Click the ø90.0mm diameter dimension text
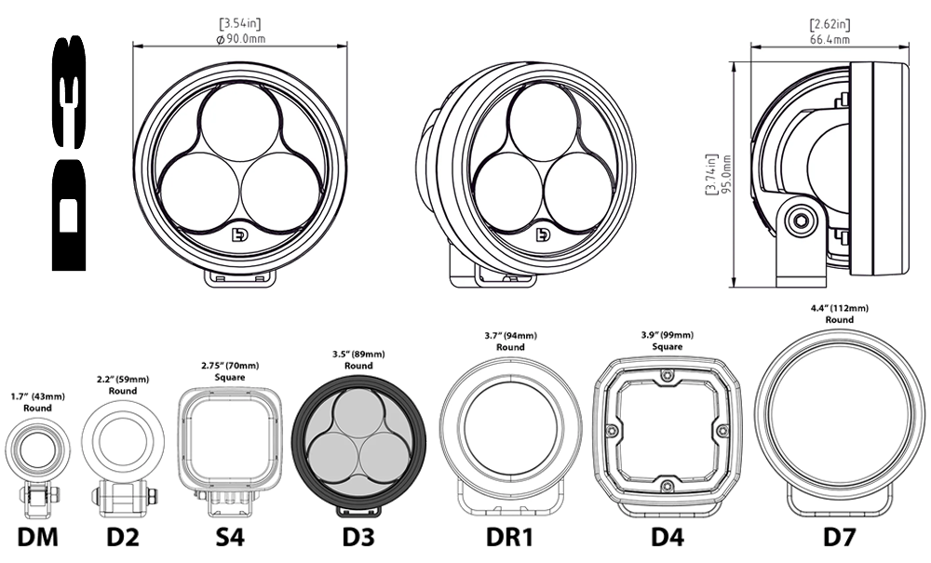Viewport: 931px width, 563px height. point(240,39)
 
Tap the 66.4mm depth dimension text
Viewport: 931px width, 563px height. point(830,40)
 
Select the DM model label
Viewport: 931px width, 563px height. point(38,536)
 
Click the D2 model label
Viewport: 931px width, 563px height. point(123,536)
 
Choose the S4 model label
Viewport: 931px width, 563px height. point(230,536)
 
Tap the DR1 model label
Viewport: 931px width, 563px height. point(509,536)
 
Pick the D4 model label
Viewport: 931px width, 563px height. point(668,536)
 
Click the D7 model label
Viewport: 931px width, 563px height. point(840,536)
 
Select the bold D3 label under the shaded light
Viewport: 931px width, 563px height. point(358,536)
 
